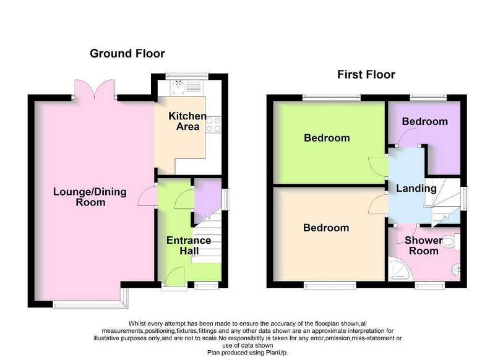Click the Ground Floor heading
pos(127,54)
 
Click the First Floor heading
pos(366,75)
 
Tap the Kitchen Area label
pos(187,121)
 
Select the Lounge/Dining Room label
pos(90,197)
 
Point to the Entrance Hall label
pos(189,246)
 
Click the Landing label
pos(416,189)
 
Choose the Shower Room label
pos(423,246)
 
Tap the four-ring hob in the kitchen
pos(213,124)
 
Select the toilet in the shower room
pos(452,242)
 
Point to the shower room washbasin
pos(456,269)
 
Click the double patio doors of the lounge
pos(94,89)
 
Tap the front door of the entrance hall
pos(174,277)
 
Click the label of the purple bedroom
pos(424,122)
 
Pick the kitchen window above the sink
pos(187,75)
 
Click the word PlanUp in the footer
pos(277,353)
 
